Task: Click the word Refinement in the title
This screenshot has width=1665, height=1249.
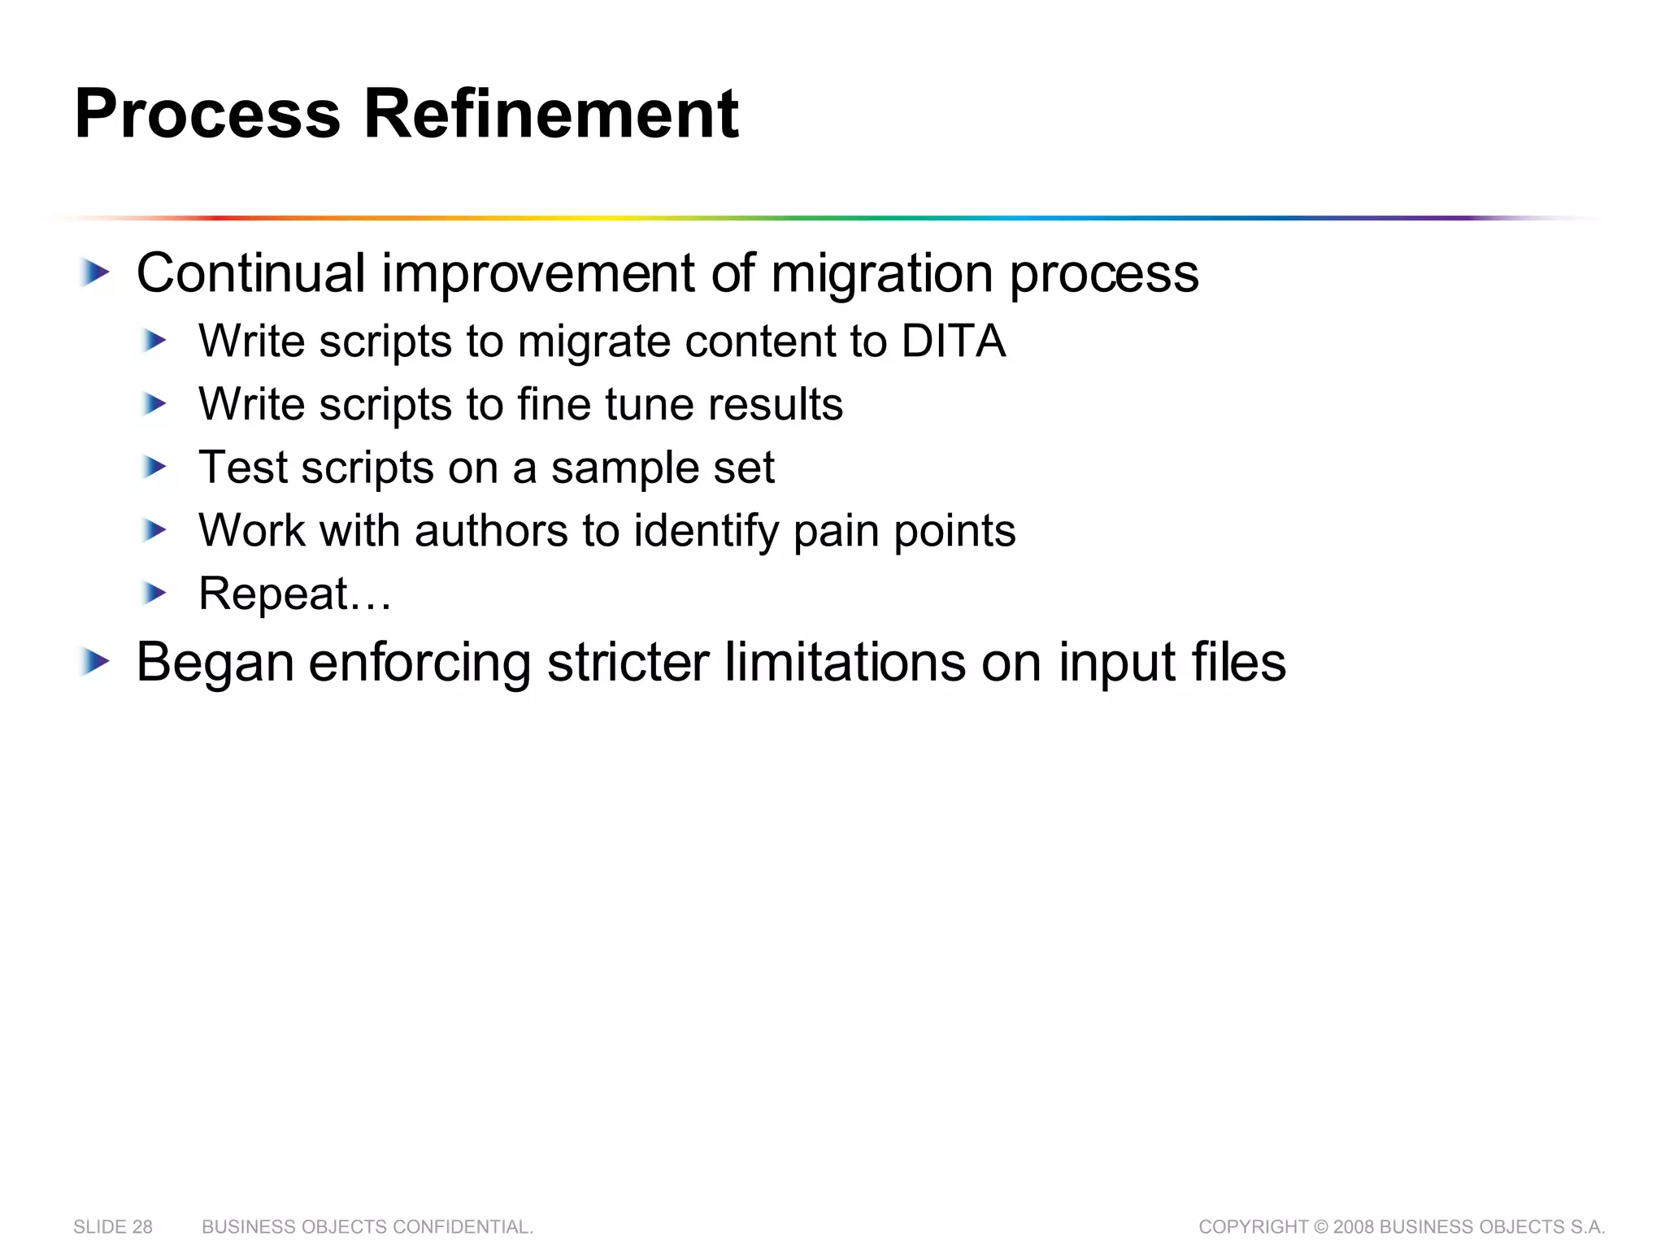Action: pyautogui.click(x=550, y=114)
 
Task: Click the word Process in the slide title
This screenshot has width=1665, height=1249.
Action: pyautogui.click(x=207, y=114)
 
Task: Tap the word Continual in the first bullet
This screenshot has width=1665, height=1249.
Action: pyautogui.click(x=250, y=273)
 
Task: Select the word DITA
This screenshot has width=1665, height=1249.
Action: pyautogui.click(x=953, y=341)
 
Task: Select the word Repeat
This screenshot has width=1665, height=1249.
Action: pyautogui.click(x=273, y=594)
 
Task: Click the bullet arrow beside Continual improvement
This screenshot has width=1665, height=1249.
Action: pyautogui.click(x=94, y=272)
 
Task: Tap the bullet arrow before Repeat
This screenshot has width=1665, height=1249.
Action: pyautogui.click(x=153, y=593)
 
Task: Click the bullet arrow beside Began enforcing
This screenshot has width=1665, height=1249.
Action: pyautogui.click(x=94, y=662)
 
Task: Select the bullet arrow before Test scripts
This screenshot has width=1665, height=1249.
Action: pyautogui.click(x=153, y=467)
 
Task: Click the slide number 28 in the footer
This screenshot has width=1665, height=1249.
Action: pyautogui.click(x=142, y=1227)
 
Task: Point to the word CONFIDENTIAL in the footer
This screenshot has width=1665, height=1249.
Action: pyautogui.click(x=462, y=1227)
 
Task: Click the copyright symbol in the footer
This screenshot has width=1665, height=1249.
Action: pyautogui.click(x=1320, y=1227)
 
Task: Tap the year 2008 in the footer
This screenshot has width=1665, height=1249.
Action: pyautogui.click(x=1354, y=1227)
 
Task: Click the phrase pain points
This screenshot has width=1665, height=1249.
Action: pyautogui.click(x=904, y=532)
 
